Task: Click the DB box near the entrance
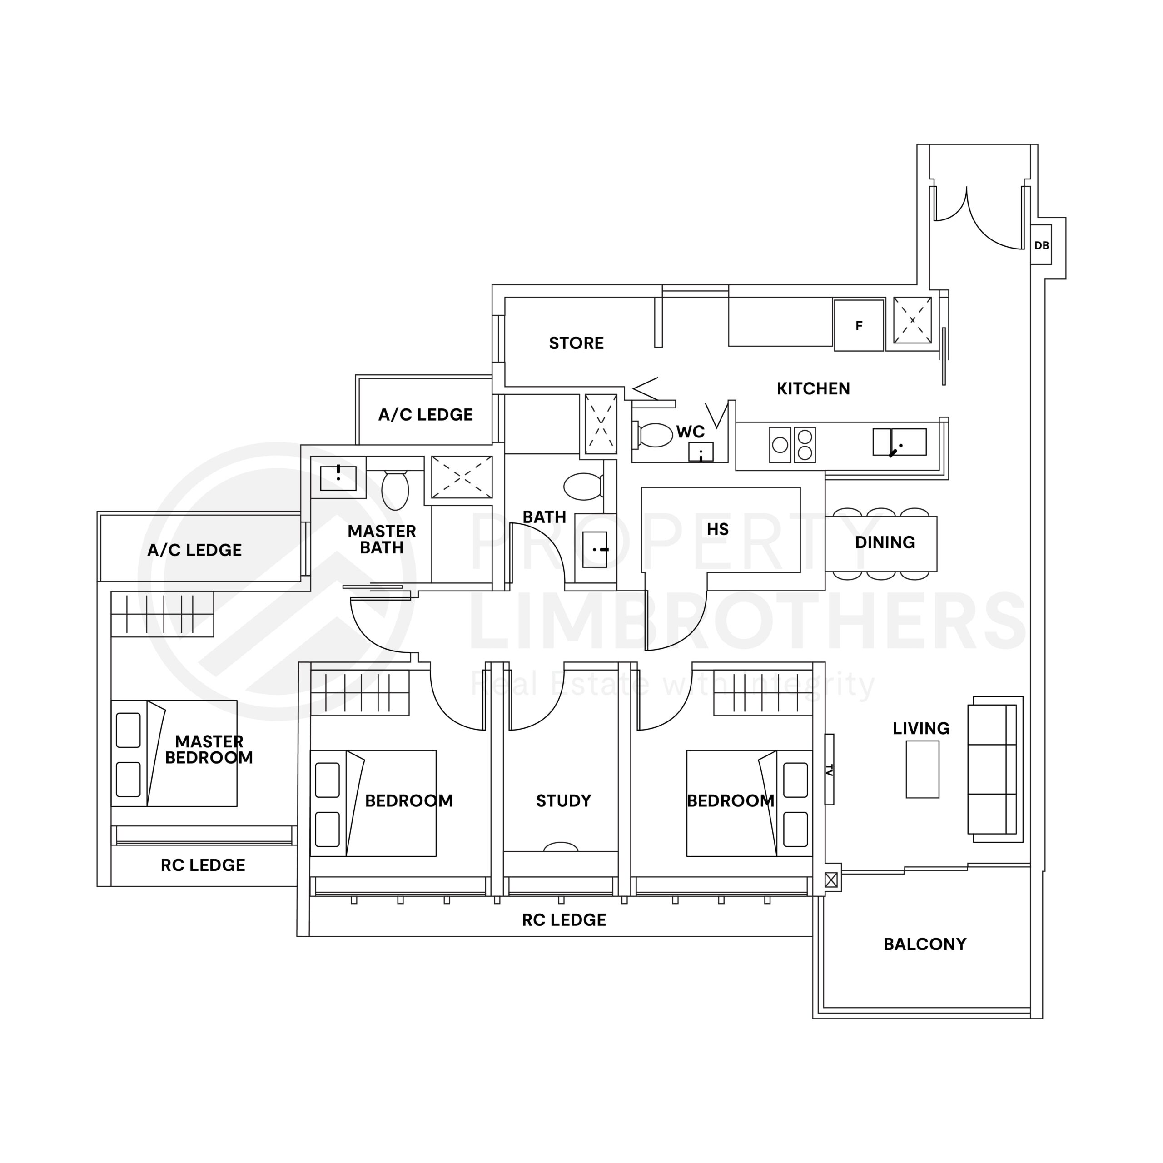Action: pyautogui.click(x=1041, y=245)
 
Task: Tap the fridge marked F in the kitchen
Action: pyautogui.click(x=859, y=326)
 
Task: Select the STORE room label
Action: pyautogui.click(x=576, y=343)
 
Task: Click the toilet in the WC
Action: pyautogui.click(x=653, y=435)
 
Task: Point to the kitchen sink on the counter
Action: pyautogui.click(x=900, y=442)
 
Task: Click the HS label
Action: pyautogui.click(x=717, y=529)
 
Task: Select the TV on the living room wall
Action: pyautogui.click(x=830, y=769)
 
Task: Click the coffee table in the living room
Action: pyautogui.click(x=923, y=769)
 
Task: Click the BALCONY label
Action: pyautogui.click(x=924, y=944)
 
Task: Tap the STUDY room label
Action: pyautogui.click(x=563, y=800)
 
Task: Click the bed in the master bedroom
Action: pyautogui.click(x=174, y=753)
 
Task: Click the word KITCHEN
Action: pyautogui.click(x=813, y=389)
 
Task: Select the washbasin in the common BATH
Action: pyautogui.click(x=595, y=549)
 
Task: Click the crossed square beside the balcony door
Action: pyautogui.click(x=831, y=880)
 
